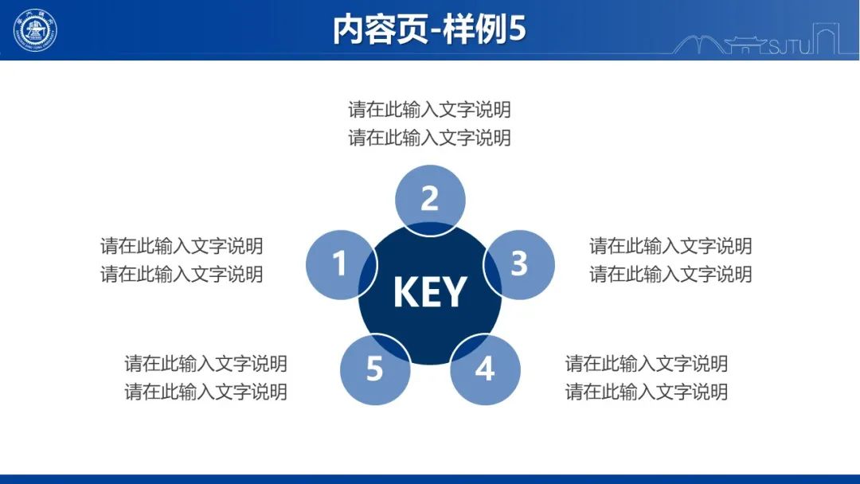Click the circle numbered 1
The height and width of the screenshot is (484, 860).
(341, 265)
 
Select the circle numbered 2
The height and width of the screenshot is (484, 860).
(430, 200)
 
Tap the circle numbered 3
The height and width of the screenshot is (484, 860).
(519, 265)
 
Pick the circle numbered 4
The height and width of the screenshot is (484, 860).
(486, 369)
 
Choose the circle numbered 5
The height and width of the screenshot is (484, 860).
(375, 369)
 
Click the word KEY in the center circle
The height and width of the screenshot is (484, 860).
(430, 292)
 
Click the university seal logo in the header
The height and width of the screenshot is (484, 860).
(35, 30)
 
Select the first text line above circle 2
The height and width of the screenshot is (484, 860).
(429, 110)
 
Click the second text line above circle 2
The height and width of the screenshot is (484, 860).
(429, 138)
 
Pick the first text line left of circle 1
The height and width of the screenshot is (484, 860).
(182, 246)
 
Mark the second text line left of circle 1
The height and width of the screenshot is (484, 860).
(182, 274)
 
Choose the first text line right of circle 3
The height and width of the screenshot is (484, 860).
(670, 246)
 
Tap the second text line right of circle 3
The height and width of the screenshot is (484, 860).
(670, 274)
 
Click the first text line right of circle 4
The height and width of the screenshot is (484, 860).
(647, 364)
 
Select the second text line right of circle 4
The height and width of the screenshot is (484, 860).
(647, 392)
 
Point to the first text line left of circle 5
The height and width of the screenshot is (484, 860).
(205, 364)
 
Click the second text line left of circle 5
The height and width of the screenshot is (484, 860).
(205, 392)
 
